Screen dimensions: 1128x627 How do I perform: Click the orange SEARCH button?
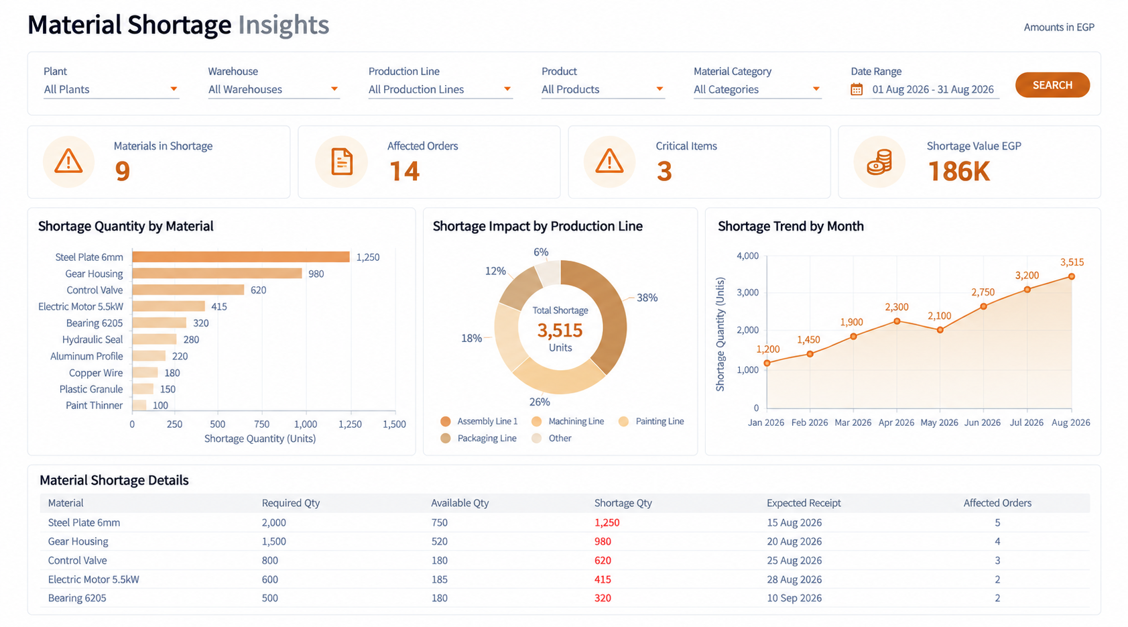1052,84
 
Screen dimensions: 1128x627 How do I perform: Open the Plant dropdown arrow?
174,89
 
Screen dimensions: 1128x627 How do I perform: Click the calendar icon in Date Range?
856,89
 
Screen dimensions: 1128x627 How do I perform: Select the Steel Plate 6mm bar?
241,257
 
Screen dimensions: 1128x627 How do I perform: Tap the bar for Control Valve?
188,290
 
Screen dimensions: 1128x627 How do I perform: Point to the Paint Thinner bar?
139,405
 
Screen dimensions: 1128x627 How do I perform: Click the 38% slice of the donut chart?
602,312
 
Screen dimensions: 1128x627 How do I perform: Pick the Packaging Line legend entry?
479,438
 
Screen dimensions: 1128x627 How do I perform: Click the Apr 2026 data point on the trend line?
897,321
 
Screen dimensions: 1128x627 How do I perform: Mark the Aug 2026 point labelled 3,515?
1072,276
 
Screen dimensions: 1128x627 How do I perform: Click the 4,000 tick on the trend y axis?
747,255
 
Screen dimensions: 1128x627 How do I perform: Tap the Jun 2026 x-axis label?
982,422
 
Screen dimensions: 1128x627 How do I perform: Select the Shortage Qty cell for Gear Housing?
603,541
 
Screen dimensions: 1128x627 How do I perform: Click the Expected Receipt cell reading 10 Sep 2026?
794,597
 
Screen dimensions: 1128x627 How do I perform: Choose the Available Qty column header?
460,502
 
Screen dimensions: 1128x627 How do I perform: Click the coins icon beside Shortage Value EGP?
879,162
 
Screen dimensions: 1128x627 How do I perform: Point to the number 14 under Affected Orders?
404,171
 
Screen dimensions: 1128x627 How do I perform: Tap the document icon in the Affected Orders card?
342,162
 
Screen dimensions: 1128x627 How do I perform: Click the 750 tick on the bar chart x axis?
262,424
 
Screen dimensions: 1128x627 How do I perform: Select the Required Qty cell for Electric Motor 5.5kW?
270,579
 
